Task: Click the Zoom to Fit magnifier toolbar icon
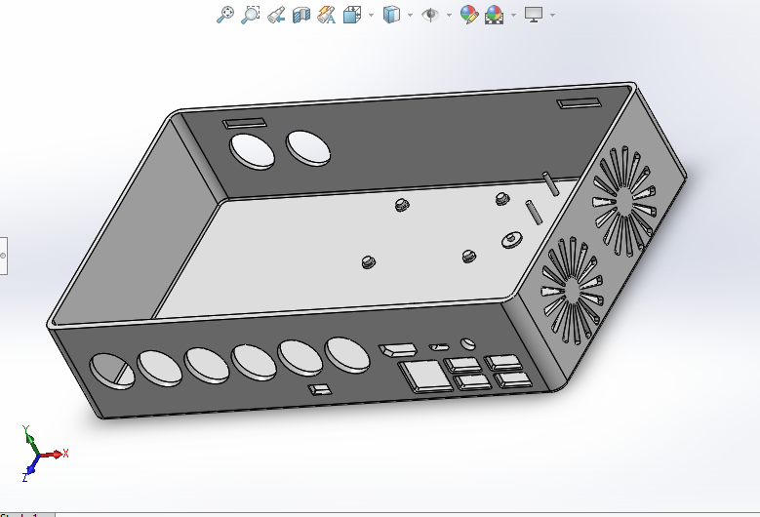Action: coord(225,14)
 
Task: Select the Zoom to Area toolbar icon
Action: coord(251,14)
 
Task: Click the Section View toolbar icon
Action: coord(301,14)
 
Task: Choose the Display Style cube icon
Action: coord(391,14)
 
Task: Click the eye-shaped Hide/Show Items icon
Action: coord(429,14)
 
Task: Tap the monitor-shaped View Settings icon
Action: coord(534,14)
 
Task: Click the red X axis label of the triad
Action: coord(64,454)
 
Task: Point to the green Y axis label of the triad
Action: coord(26,429)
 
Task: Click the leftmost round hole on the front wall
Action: coord(111,371)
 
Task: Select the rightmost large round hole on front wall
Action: coord(346,354)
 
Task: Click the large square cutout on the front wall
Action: coord(420,375)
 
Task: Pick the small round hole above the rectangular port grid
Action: coord(468,343)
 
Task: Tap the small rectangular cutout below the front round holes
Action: coord(319,390)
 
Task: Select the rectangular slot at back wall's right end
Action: coord(580,103)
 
